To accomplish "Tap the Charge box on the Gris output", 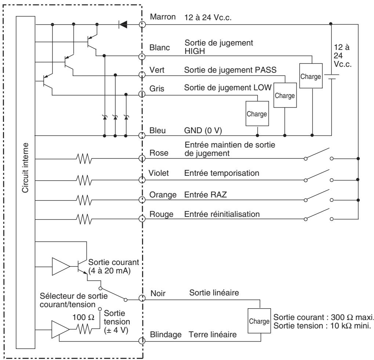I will tap(257, 114).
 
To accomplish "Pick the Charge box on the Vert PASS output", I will tap(284, 95).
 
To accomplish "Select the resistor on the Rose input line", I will tap(84, 159).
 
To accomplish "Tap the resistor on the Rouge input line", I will tap(84, 219).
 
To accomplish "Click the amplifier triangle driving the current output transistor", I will tap(60, 266).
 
